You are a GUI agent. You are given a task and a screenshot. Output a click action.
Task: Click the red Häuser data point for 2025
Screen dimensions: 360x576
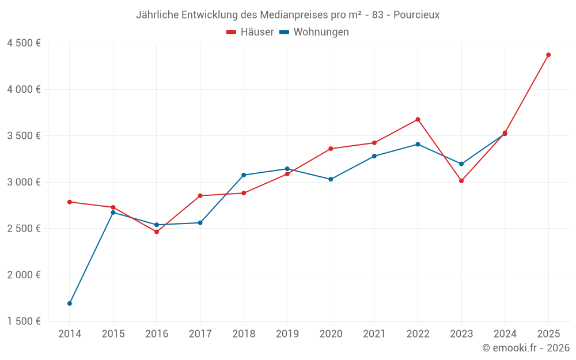click(548, 55)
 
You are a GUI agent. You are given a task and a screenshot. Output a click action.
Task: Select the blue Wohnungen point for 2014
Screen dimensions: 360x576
click(70, 304)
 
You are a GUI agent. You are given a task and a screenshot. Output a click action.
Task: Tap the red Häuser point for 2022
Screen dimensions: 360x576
click(418, 119)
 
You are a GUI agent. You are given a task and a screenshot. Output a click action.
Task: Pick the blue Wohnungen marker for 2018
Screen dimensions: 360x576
click(244, 175)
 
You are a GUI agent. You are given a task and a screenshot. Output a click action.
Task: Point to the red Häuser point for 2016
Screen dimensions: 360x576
click(157, 232)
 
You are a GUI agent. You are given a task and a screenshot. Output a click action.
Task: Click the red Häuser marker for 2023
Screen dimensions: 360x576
click(461, 181)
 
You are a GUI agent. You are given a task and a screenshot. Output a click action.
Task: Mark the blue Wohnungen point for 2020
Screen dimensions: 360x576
click(331, 179)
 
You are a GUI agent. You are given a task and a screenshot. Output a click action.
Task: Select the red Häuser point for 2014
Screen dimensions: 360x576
click(70, 202)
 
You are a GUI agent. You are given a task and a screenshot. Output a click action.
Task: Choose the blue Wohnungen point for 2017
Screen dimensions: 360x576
click(200, 222)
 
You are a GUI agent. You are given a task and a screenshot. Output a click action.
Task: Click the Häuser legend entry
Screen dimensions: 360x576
click(250, 32)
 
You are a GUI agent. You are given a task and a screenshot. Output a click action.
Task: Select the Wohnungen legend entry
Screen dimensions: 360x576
click(314, 32)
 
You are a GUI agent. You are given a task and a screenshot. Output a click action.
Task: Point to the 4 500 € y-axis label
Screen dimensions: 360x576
click(24, 43)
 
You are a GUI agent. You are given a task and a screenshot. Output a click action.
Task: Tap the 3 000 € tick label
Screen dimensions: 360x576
click(24, 182)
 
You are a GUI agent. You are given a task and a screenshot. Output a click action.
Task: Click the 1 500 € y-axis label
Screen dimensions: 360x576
click(24, 321)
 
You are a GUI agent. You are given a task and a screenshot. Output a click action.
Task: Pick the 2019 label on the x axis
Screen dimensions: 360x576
click(287, 334)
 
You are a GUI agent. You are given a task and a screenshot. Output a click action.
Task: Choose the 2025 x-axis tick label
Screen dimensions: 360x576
click(548, 334)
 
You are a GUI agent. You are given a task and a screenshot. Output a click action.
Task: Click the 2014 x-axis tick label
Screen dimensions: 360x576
click(70, 334)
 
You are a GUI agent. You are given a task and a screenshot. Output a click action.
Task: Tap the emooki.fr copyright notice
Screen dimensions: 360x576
click(525, 348)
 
